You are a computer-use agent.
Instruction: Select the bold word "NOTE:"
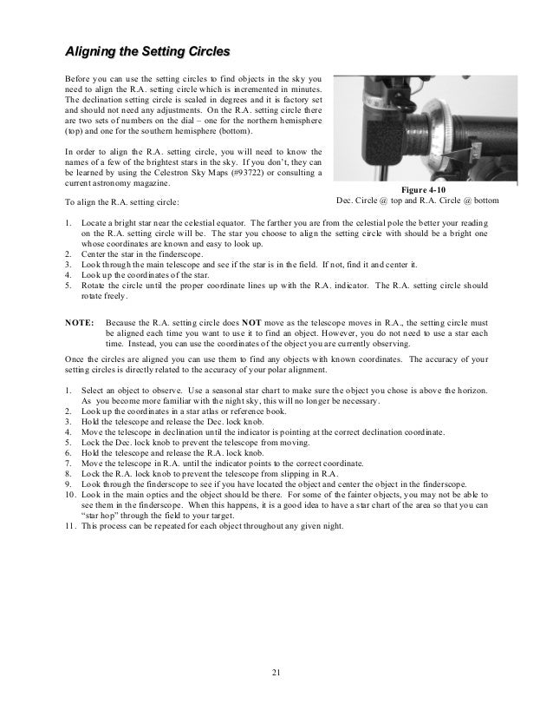[81, 320]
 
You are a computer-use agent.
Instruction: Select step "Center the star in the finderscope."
[141, 254]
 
